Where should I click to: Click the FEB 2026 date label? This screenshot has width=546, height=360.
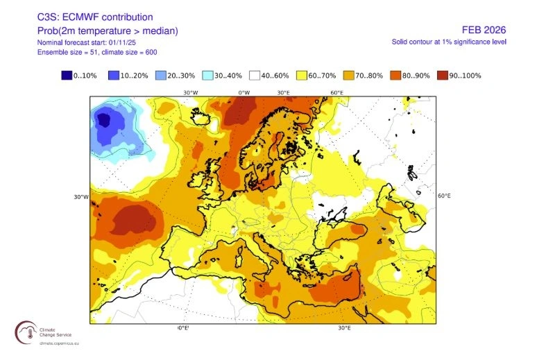484,30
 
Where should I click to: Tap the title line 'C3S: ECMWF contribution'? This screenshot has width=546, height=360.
95,17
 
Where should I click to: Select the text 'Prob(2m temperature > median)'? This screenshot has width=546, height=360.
107,30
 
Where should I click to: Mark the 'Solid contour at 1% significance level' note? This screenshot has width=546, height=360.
449,42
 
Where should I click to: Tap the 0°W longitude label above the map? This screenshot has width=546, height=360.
244,92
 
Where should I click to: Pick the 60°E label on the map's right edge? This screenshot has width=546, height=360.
445,196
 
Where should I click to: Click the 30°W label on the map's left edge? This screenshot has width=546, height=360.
81,197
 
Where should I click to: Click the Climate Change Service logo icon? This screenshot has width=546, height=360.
28,332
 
